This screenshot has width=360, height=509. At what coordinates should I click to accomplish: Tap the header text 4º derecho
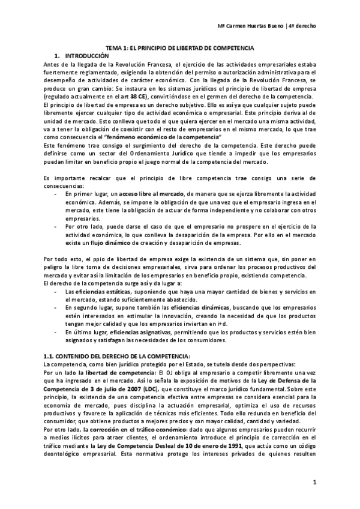click(303, 26)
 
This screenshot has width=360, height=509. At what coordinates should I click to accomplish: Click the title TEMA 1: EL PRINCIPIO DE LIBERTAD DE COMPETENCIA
click(181, 47)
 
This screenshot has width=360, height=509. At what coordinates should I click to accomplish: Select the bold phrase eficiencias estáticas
click(89, 291)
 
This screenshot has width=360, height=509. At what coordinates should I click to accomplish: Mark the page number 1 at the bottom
click(315, 483)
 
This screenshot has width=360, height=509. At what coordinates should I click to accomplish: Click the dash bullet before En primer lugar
click(56, 195)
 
